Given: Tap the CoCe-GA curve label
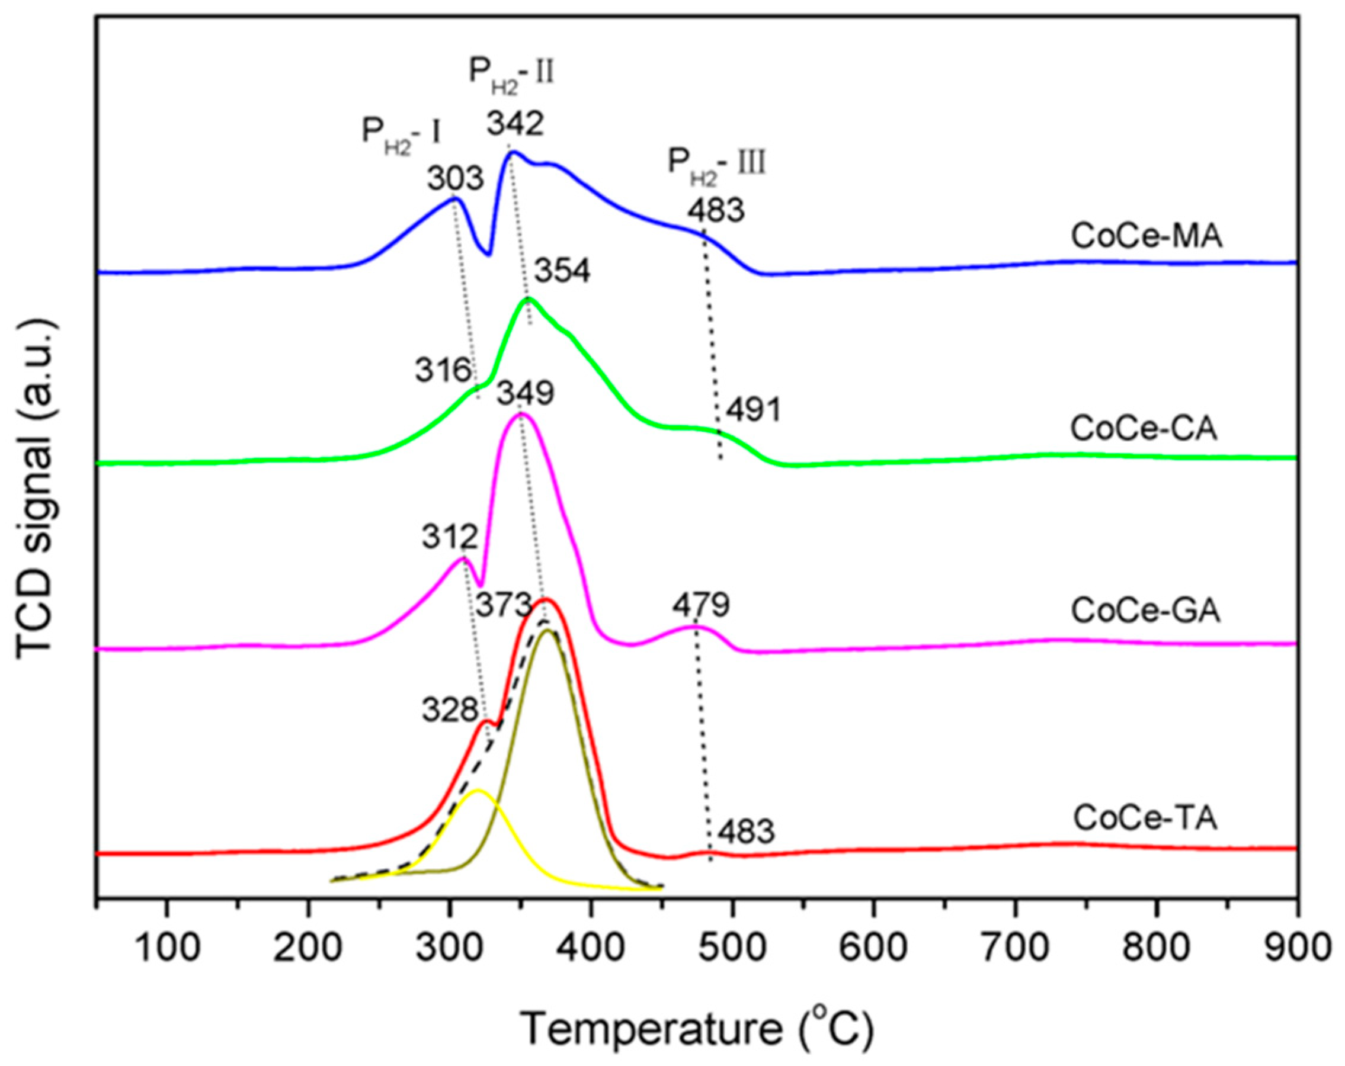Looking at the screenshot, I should coord(1145,611).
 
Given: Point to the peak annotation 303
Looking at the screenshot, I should coord(456,179).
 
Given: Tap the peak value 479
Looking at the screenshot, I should coord(700,604).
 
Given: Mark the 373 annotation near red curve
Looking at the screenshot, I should coord(504,605).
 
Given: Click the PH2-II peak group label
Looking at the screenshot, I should coord(511,74).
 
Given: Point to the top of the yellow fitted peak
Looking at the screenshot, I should coord(478,791).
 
